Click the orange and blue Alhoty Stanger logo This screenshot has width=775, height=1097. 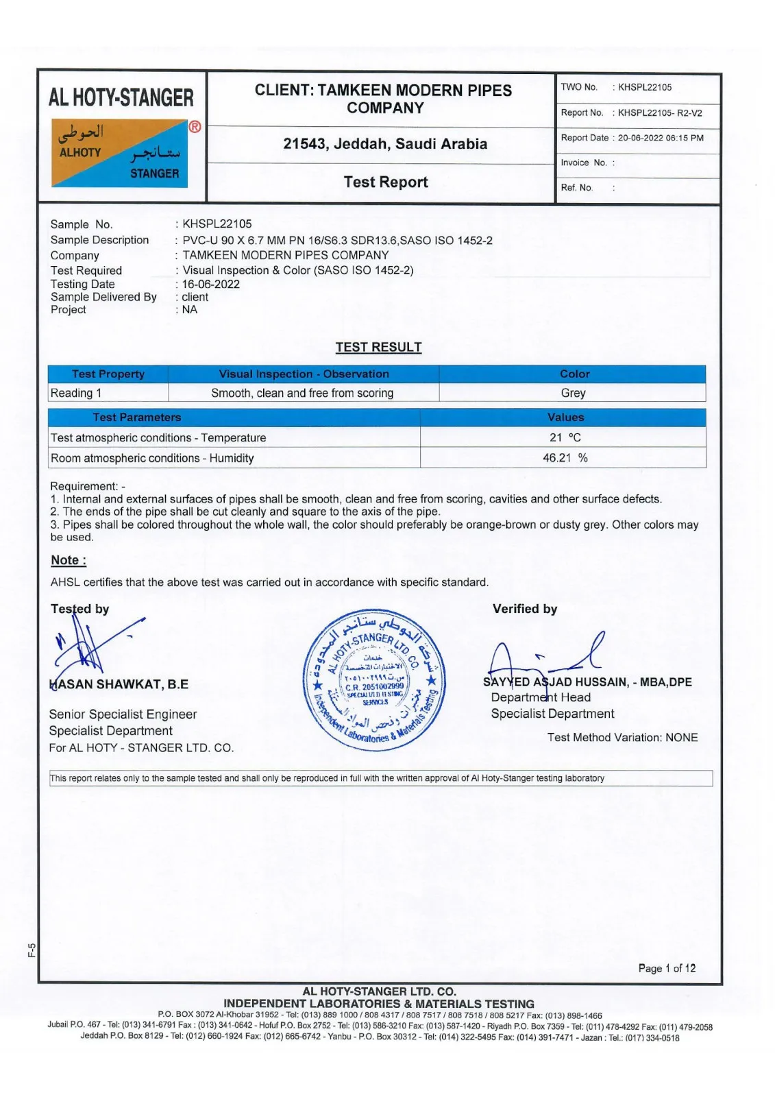click(x=119, y=153)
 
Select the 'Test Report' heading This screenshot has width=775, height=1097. click(x=385, y=182)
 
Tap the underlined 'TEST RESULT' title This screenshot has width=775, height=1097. click(x=378, y=347)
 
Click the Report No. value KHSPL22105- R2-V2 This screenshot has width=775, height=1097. click(x=660, y=113)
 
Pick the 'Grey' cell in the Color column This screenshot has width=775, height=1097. click(x=573, y=393)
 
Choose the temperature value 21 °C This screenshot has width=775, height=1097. click(x=565, y=437)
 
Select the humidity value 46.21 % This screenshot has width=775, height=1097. click(x=565, y=458)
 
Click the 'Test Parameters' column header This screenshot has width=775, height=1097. click(x=137, y=417)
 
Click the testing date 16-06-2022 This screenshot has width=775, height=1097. click(x=211, y=284)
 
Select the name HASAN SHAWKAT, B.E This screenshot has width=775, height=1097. click(x=119, y=684)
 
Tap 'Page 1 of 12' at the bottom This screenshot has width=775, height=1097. click(x=667, y=968)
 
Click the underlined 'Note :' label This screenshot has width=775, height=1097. click(x=69, y=560)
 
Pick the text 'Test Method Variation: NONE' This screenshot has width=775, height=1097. click(x=622, y=737)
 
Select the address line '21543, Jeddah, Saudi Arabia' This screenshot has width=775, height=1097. click(x=385, y=144)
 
